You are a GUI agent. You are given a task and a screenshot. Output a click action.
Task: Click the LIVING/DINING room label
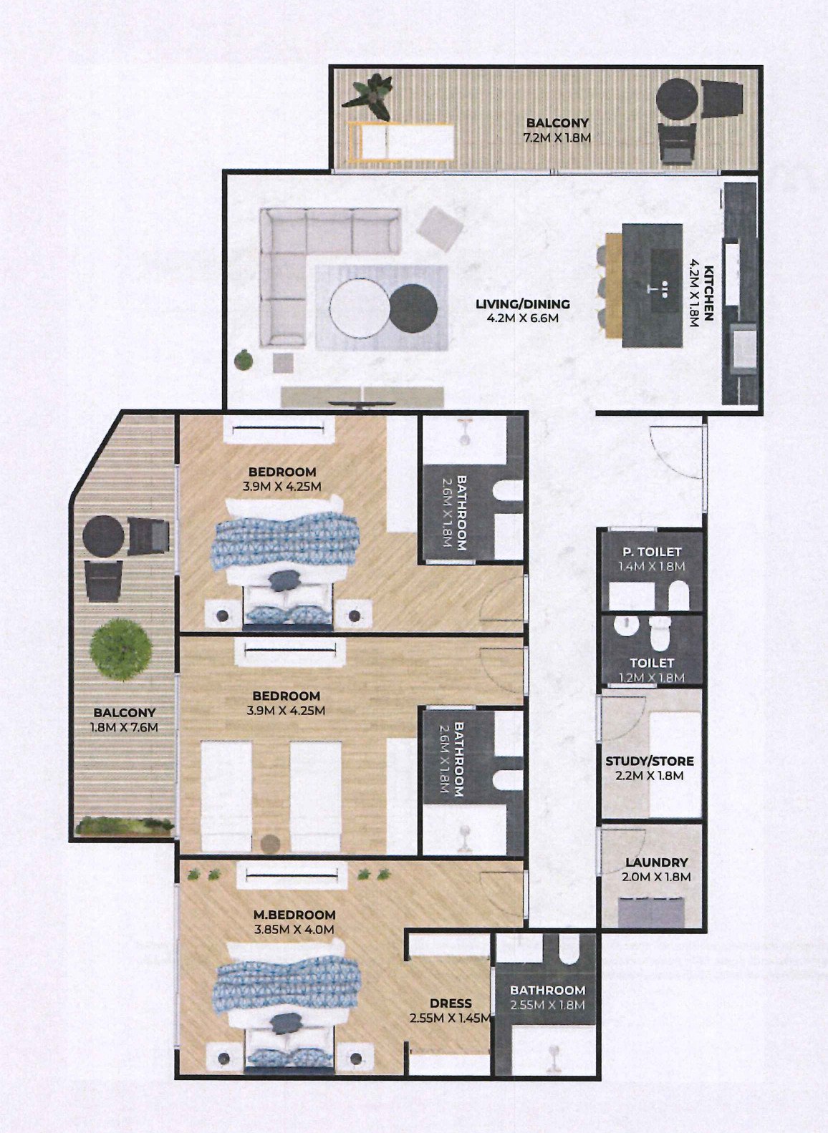522,304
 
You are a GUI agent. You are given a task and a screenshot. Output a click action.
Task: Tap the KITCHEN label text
709,293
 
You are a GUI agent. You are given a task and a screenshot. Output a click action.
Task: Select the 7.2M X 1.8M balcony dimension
557,137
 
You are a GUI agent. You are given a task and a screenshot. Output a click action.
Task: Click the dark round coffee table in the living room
413,308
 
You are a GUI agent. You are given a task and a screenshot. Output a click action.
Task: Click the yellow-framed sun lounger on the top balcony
400,142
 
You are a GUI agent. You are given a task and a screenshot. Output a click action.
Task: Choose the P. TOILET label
652,552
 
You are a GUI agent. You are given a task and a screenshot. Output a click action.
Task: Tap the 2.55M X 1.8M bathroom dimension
548,1005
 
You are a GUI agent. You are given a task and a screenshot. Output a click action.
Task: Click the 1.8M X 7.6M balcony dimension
125,727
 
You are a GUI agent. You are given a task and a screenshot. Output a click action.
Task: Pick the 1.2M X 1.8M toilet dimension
652,678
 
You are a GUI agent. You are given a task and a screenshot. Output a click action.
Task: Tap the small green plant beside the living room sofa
244,359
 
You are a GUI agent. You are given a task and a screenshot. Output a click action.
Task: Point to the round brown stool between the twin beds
270,843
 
